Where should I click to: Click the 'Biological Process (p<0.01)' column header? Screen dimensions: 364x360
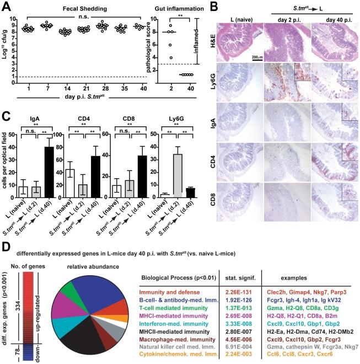pos(176,262)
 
